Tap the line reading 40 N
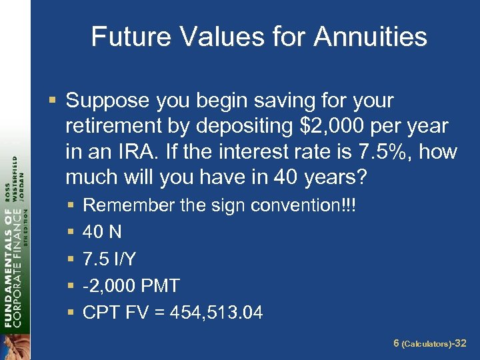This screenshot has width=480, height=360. [x=102, y=232]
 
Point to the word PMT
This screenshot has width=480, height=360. [x=159, y=286]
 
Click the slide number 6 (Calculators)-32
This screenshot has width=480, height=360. [x=430, y=344]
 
